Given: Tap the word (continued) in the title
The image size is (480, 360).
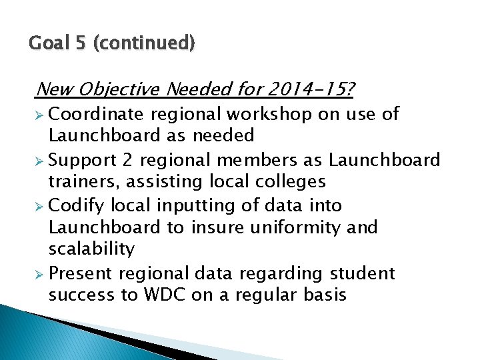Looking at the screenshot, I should point(145,45).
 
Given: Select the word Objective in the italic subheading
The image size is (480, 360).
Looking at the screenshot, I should point(122,89).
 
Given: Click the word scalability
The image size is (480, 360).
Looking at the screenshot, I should point(91,249).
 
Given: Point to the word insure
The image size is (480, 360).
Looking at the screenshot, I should point(217,227).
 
